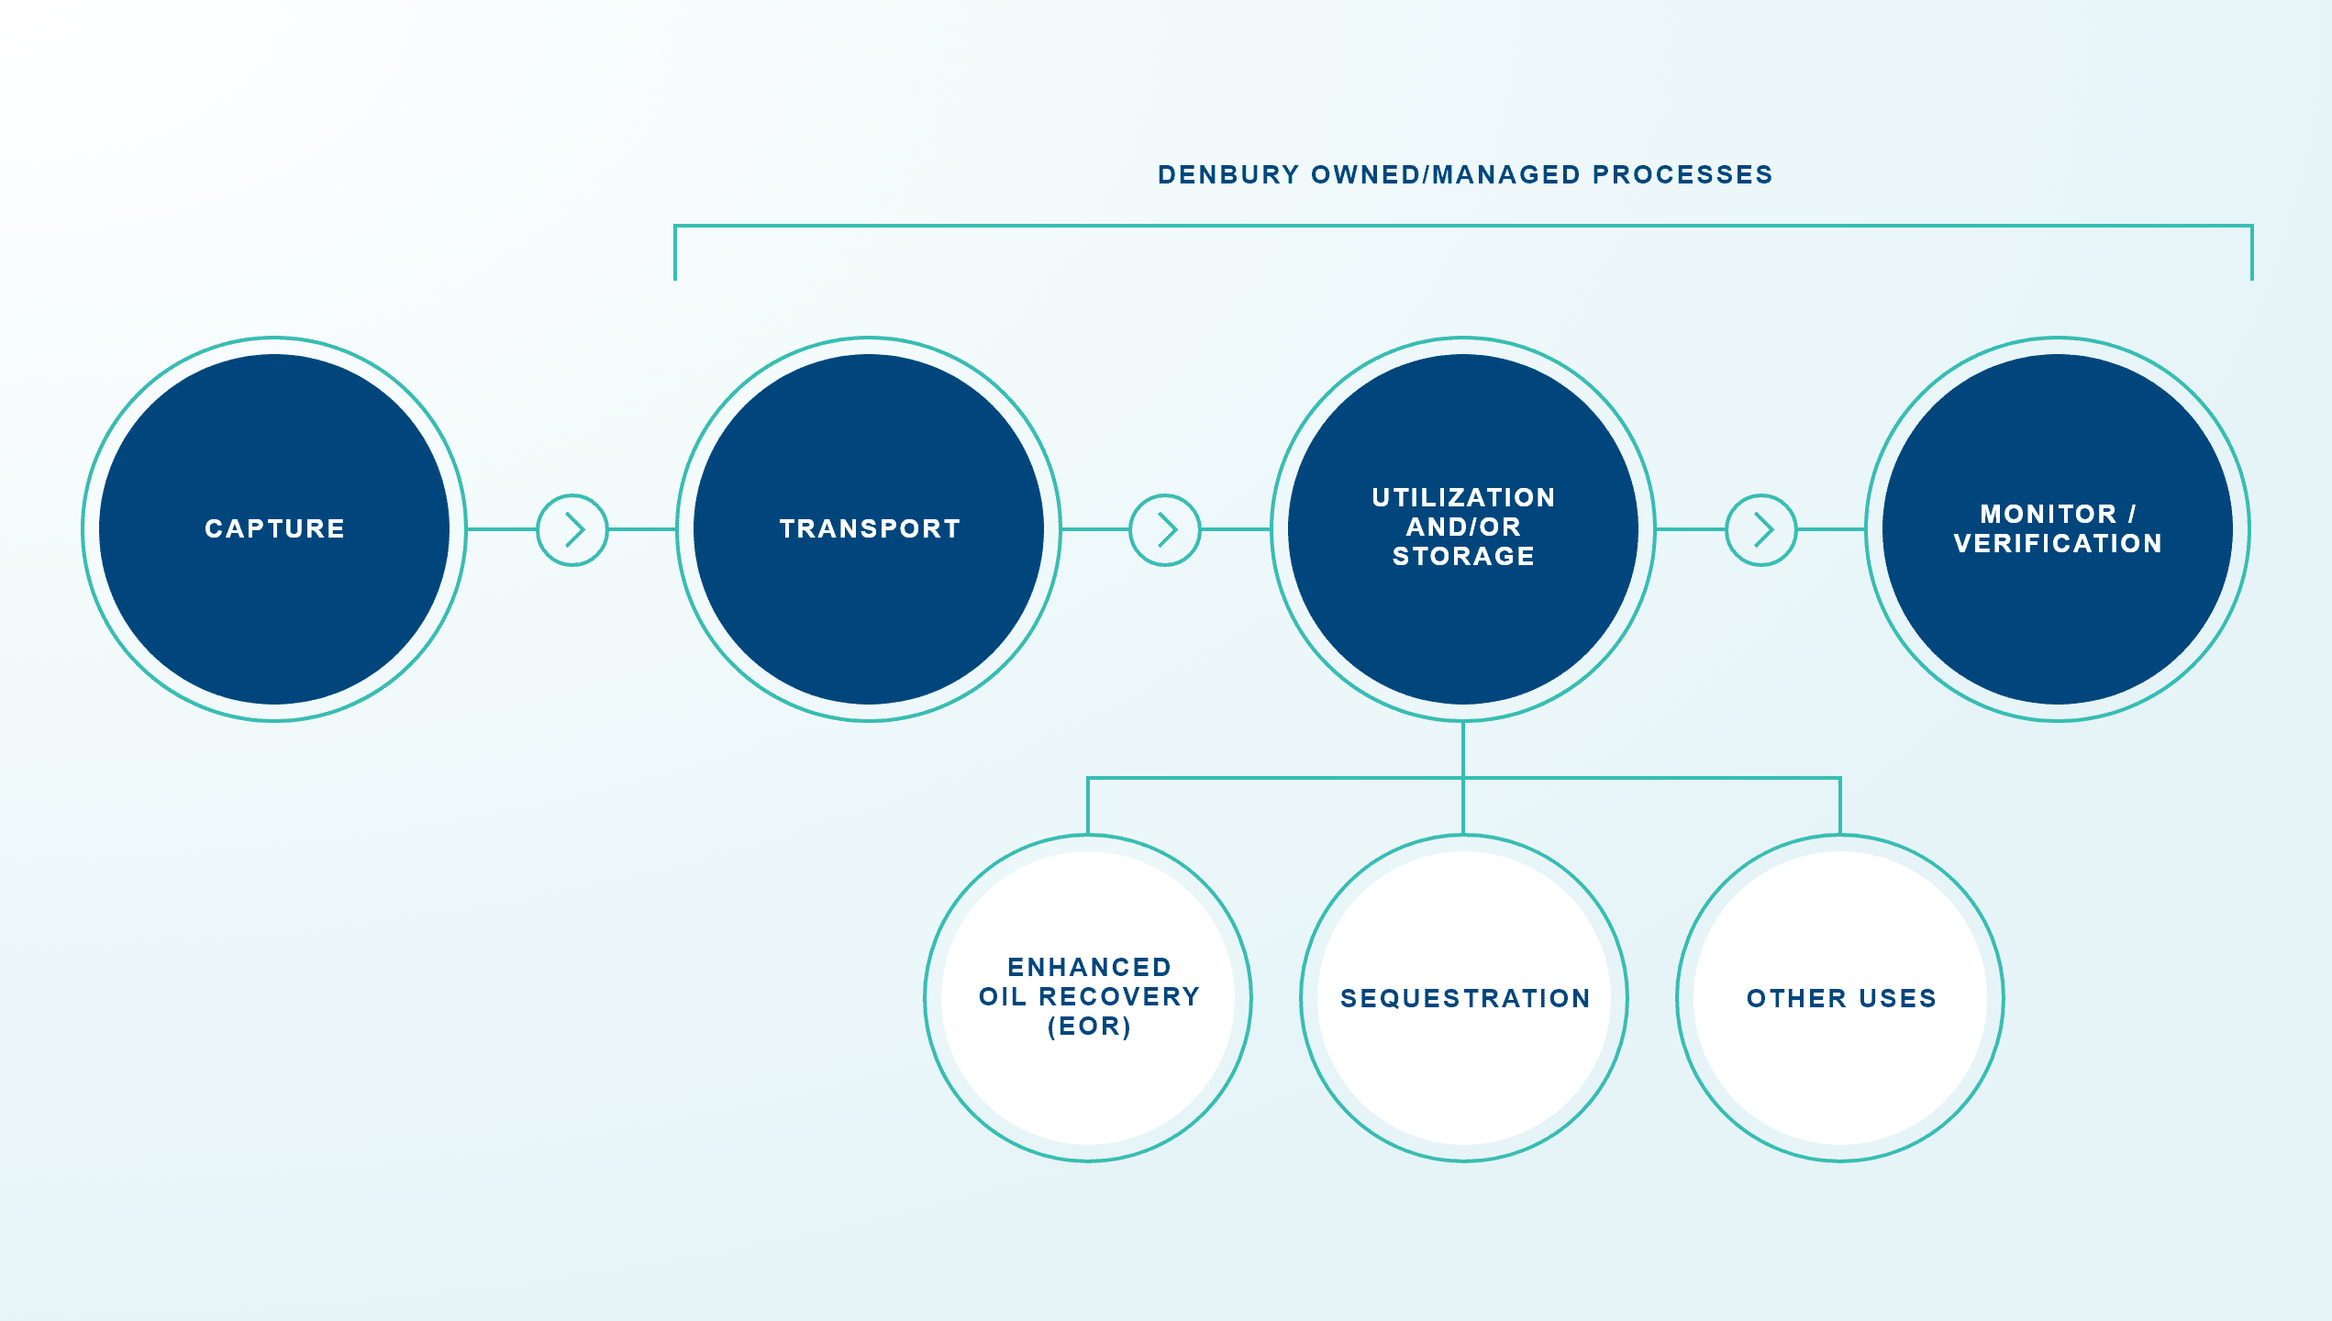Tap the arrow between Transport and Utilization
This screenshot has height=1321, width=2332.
click(1165, 530)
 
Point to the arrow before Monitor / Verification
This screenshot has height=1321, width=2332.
click(1761, 530)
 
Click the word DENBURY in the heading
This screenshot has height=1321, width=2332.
click(1228, 174)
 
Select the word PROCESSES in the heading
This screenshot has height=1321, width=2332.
click(1682, 174)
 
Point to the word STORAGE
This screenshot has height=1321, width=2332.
click(1463, 556)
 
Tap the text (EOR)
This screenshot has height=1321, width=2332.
click(1089, 1027)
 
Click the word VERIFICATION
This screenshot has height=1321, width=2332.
click(2058, 543)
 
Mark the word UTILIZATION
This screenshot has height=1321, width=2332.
click(1463, 497)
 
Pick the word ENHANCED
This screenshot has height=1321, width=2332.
click(1089, 967)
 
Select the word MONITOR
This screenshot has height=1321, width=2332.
click(2048, 514)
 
